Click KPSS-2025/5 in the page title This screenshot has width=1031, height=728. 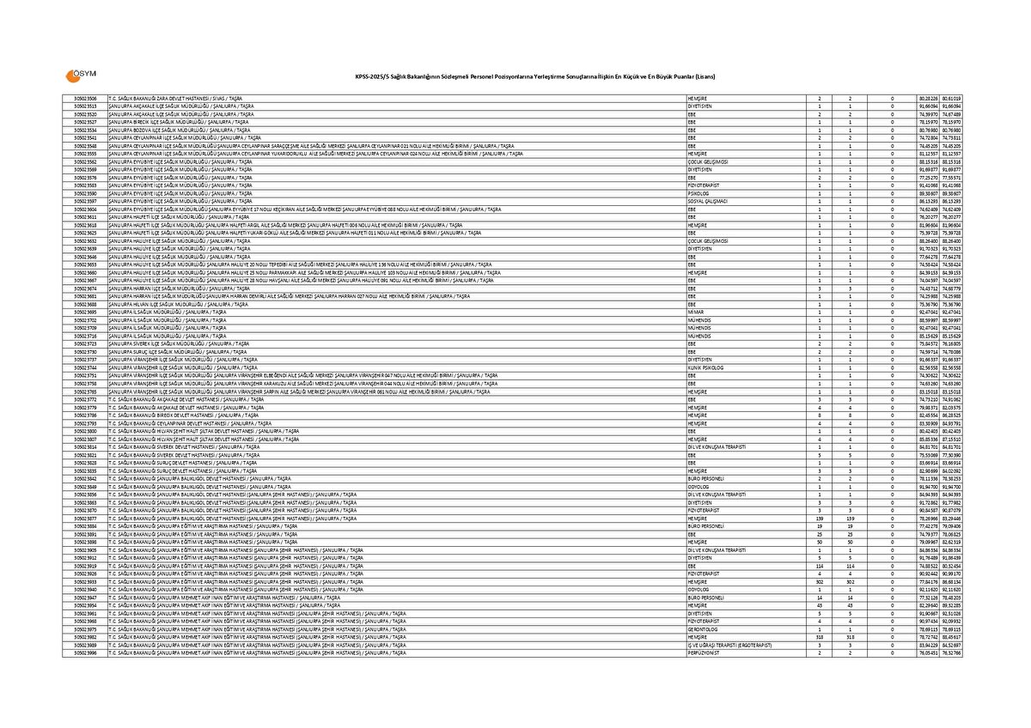(368, 77)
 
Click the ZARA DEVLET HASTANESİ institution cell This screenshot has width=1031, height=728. (173, 99)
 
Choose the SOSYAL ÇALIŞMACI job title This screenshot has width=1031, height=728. (705, 201)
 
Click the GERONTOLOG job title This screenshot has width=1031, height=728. (700, 629)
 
